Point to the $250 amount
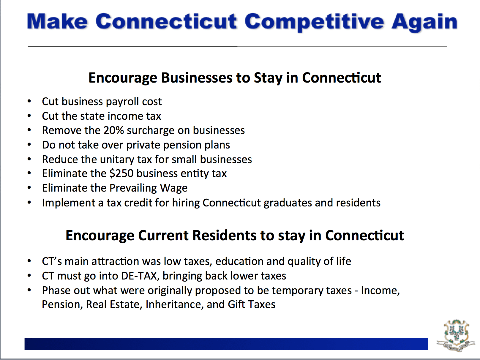point(121,173)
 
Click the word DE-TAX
point(139,276)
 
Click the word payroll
point(122,102)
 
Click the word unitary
point(117,160)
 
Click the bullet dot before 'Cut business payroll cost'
point(29,102)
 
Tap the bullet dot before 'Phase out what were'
point(29,290)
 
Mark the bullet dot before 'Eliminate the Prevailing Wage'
point(29,188)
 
